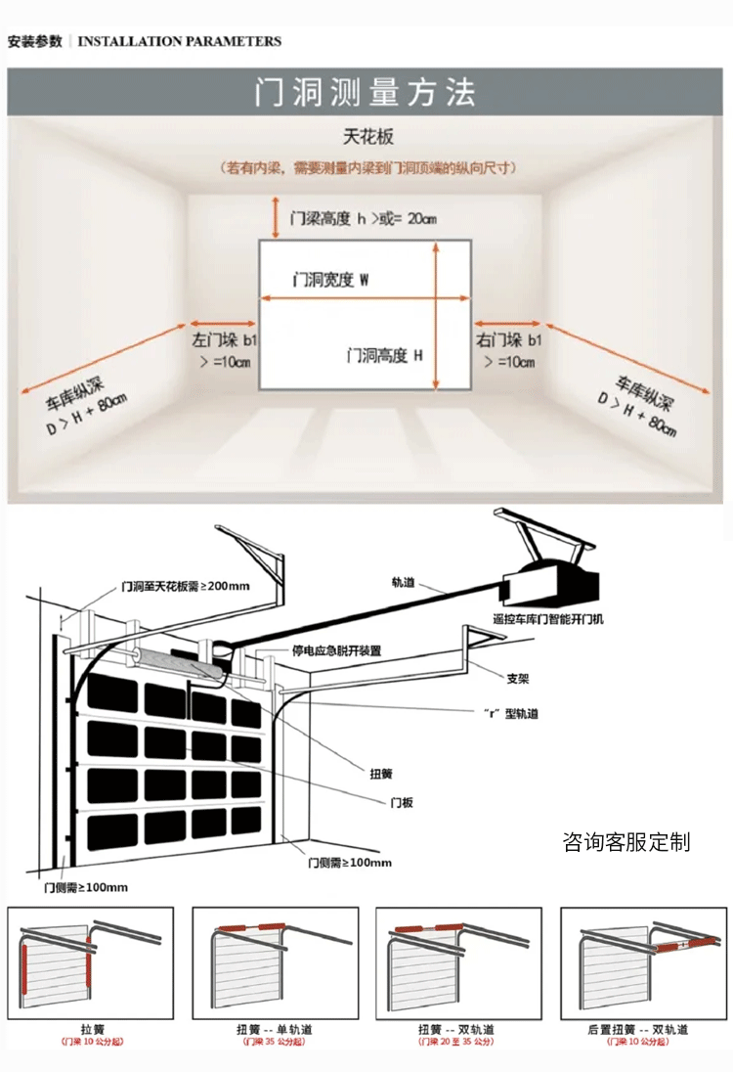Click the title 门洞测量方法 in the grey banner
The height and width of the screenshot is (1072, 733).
point(366,92)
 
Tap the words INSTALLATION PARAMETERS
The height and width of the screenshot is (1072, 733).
point(179,41)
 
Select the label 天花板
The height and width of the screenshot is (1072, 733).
point(367,137)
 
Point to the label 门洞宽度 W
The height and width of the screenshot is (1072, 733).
point(330,280)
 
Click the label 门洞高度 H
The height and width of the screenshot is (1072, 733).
point(384,356)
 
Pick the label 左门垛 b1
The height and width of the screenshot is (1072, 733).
point(224,341)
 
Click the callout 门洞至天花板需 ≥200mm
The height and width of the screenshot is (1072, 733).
point(186,586)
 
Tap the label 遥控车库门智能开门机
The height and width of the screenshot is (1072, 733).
point(548,619)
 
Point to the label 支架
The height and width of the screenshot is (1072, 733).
point(518,677)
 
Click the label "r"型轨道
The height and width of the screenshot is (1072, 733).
point(511,714)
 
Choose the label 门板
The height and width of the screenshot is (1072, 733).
point(402,802)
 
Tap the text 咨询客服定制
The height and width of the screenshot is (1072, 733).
point(626,841)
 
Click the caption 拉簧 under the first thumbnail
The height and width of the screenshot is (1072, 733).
point(92,1030)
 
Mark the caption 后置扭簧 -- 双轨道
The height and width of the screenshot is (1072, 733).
point(638,1030)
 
